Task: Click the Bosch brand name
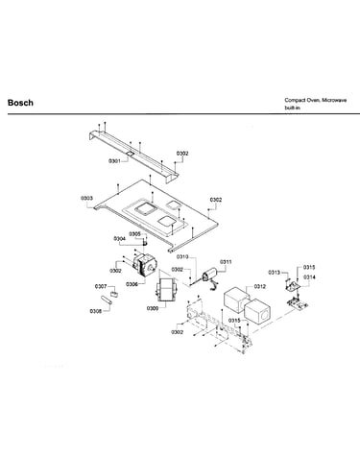click(20, 103)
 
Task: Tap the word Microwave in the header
click(334, 100)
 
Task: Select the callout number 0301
click(114, 161)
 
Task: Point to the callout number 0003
click(86, 198)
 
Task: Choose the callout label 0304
click(119, 239)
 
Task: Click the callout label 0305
click(134, 234)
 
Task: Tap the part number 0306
click(132, 284)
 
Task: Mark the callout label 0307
click(101, 286)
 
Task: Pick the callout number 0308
click(96, 311)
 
